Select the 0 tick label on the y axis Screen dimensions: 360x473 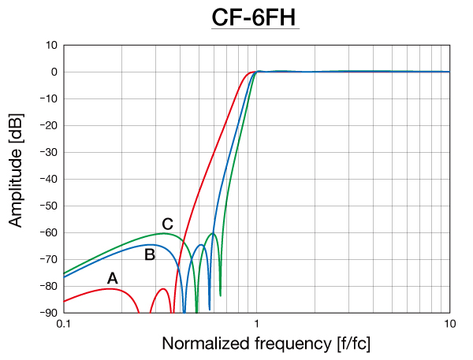tap(53, 72)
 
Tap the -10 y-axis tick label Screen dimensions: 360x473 tap(47, 98)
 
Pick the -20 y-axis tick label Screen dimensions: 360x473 tap(47, 125)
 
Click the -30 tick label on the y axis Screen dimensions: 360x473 tap(47, 152)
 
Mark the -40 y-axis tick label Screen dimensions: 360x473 tap(47, 179)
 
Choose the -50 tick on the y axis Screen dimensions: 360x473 tap(47, 206)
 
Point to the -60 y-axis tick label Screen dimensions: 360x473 tap(47, 232)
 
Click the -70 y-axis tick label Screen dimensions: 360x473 tap(47, 259)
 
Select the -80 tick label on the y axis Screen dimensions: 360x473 tap(47, 286)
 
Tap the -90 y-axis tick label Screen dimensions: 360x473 tap(47, 313)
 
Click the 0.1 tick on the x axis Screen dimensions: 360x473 tap(64, 323)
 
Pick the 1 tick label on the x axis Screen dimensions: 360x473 tap(257, 323)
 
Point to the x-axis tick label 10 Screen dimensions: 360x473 tap(449, 323)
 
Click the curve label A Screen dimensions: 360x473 tap(112, 277)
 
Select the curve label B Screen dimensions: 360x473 tap(149, 254)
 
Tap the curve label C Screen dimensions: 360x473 tap(167, 224)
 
